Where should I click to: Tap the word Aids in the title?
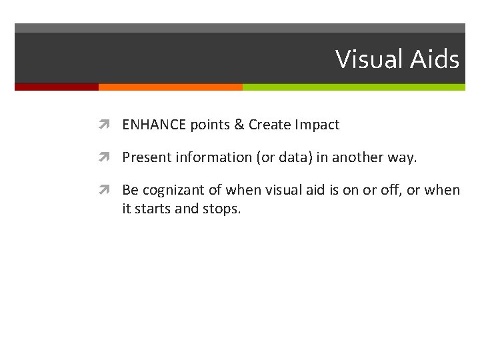tap(434, 60)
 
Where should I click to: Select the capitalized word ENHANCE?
tap(155, 125)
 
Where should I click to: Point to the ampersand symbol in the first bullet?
tap(239, 125)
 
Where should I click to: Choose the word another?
tap(359, 157)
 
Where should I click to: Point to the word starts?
tap(153, 208)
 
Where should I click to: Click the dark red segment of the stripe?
tap(57, 87)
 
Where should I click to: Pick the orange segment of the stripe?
tap(170, 87)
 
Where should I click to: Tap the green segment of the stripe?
tap(353, 87)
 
